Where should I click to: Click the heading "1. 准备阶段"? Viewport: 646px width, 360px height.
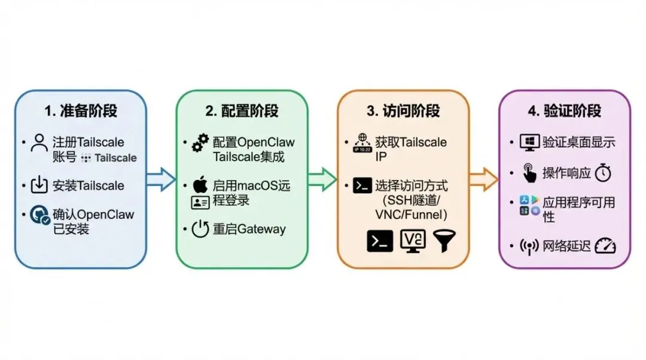pos(81,111)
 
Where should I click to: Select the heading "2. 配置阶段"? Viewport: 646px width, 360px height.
pos(242,111)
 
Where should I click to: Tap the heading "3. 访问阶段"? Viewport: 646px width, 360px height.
pos(403,111)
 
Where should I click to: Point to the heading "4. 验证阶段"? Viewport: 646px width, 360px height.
pos(565,111)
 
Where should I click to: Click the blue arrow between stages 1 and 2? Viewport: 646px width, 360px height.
pos(160,178)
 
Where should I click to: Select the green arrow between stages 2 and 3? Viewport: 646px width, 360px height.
pos(322,178)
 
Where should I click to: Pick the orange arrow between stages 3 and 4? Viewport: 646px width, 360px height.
pos(483,178)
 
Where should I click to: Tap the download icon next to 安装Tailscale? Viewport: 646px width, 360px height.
pos(39,185)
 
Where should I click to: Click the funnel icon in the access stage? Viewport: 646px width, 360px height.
pos(443,240)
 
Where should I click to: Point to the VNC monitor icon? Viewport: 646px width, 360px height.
pos(413,240)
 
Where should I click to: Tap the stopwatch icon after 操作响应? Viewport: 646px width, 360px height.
pos(604,173)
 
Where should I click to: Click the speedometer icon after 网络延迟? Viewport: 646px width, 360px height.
pos(605,246)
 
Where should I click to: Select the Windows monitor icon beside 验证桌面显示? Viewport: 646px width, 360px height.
pos(529,142)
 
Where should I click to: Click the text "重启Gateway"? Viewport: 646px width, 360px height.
pos(249,230)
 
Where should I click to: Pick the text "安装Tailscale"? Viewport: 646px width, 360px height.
pos(89,185)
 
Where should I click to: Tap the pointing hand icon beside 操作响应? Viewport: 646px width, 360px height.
pos(529,173)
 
